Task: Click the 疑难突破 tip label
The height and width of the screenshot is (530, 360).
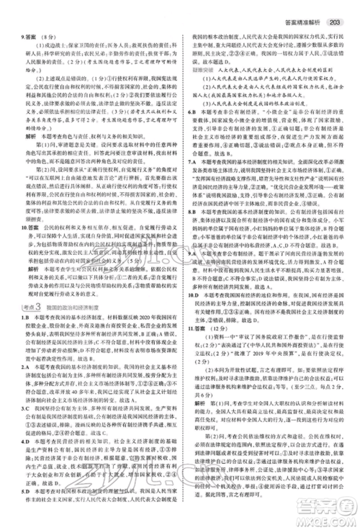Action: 199,71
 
